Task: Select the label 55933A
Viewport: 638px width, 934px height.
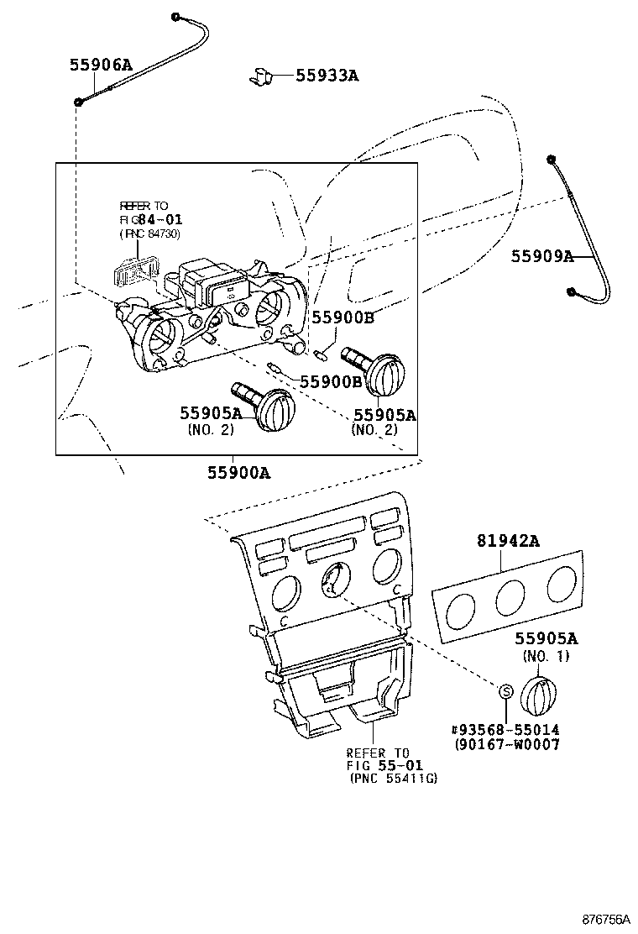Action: click(x=327, y=76)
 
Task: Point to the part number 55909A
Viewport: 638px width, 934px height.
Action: click(x=541, y=256)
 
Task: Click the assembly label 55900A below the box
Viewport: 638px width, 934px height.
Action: click(x=239, y=473)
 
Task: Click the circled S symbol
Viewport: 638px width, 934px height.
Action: click(x=506, y=691)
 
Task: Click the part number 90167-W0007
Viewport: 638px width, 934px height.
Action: click(x=508, y=745)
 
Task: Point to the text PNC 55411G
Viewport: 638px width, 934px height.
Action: click(x=394, y=779)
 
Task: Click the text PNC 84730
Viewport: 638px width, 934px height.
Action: click(x=150, y=233)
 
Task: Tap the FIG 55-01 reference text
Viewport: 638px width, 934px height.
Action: click(x=385, y=766)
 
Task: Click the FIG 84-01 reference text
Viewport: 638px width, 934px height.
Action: click(x=152, y=220)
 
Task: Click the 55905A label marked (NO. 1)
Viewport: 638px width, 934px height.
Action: click(x=546, y=639)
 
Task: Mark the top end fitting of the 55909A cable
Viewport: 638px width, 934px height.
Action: click(x=550, y=160)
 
